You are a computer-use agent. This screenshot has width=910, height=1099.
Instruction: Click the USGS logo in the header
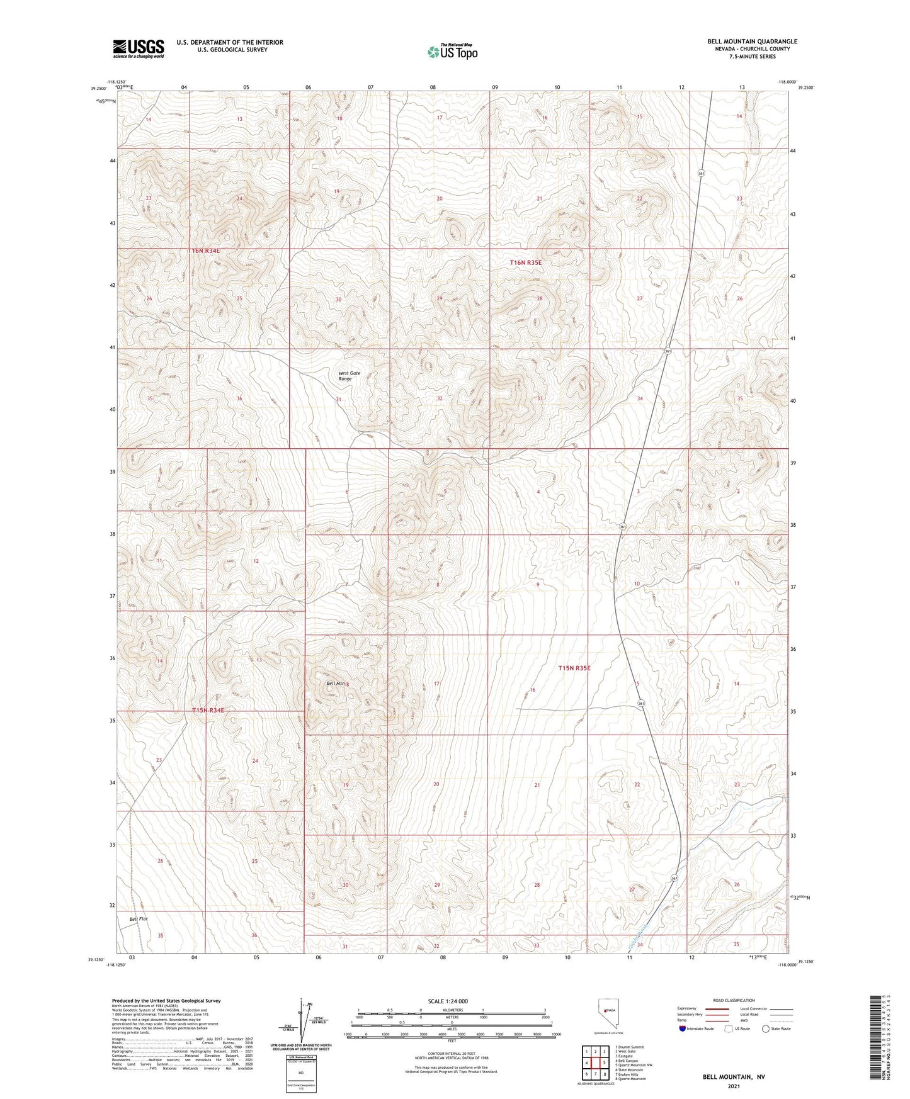click(x=138, y=48)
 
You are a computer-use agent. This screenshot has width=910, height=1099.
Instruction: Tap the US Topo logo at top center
click(x=452, y=52)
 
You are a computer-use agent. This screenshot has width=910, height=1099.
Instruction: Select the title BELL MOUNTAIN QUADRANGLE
click(x=751, y=42)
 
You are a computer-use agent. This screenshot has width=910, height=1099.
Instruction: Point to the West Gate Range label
click(x=349, y=376)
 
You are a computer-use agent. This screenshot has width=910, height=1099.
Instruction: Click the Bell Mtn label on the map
click(x=335, y=683)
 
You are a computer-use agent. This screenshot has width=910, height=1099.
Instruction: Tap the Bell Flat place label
click(x=138, y=920)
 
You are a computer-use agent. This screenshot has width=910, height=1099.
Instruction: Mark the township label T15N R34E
click(x=208, y=710)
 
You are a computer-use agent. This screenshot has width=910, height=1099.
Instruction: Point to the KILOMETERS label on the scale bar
click(x=452, y=1010)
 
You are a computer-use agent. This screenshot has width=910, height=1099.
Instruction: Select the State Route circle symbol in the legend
click(x=766, y=1029)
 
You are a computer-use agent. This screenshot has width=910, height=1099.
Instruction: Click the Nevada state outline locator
click(x=605, y=1014)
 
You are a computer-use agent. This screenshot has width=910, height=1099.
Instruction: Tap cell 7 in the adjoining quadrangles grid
click(x=595, y=1074)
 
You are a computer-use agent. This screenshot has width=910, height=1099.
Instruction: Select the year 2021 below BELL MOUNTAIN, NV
click(x=734, y=1086)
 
